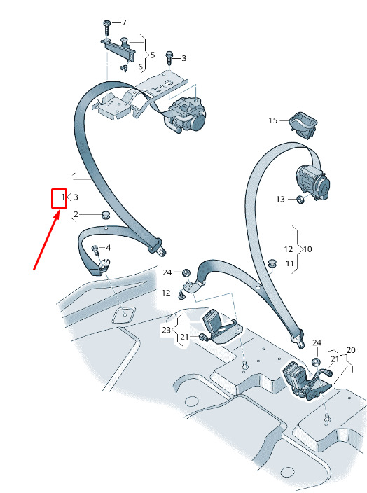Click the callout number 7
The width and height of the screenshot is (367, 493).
click(124, 22)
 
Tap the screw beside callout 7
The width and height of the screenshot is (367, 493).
click(106, 28)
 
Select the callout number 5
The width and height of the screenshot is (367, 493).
click(153, 55)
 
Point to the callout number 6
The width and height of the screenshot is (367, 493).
click(140, 67)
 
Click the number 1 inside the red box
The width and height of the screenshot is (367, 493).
click(63, 197)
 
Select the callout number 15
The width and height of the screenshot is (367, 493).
click(273, 120)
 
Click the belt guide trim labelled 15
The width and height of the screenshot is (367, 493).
click(303, 125)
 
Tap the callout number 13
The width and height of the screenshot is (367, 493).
click(280, 200)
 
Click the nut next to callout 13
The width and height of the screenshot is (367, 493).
click(300, 199)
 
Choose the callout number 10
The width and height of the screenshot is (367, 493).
click(307, 249)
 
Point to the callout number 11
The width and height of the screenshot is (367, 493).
click(289, 263)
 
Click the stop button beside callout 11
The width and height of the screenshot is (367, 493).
click(272, 263)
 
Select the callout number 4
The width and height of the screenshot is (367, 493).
click(108, 248)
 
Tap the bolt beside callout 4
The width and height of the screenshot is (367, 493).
click(95, 250)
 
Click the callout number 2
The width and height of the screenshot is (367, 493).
click(76, 214)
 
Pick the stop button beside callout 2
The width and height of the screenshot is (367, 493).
click(105, 216)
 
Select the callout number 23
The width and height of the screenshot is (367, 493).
click(167, 330)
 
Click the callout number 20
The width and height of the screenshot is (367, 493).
click(351, 350)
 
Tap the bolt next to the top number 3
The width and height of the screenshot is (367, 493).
click(169, 58)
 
